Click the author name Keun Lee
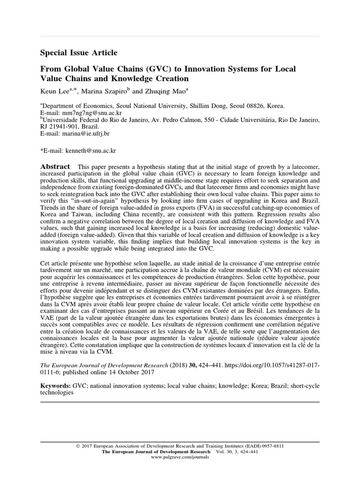click(55, 90)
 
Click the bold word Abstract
click(55, 167)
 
